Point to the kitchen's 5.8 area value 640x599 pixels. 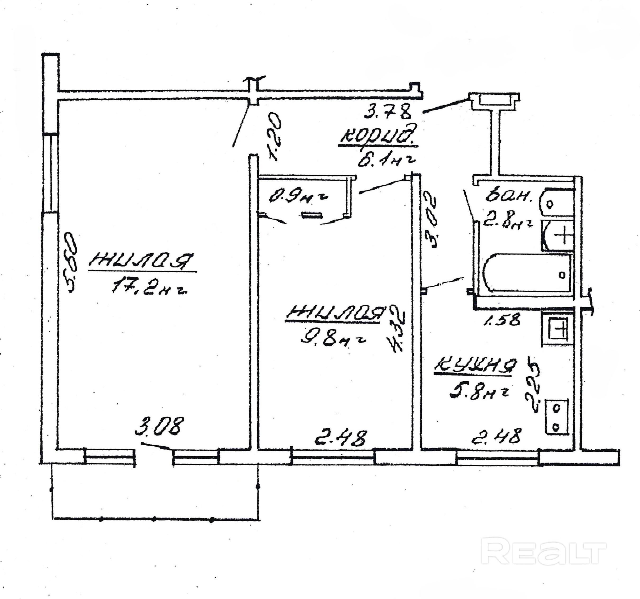pos(478,393)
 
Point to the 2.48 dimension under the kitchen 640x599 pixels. pos(496,436)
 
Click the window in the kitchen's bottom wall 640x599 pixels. pos(498,458)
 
